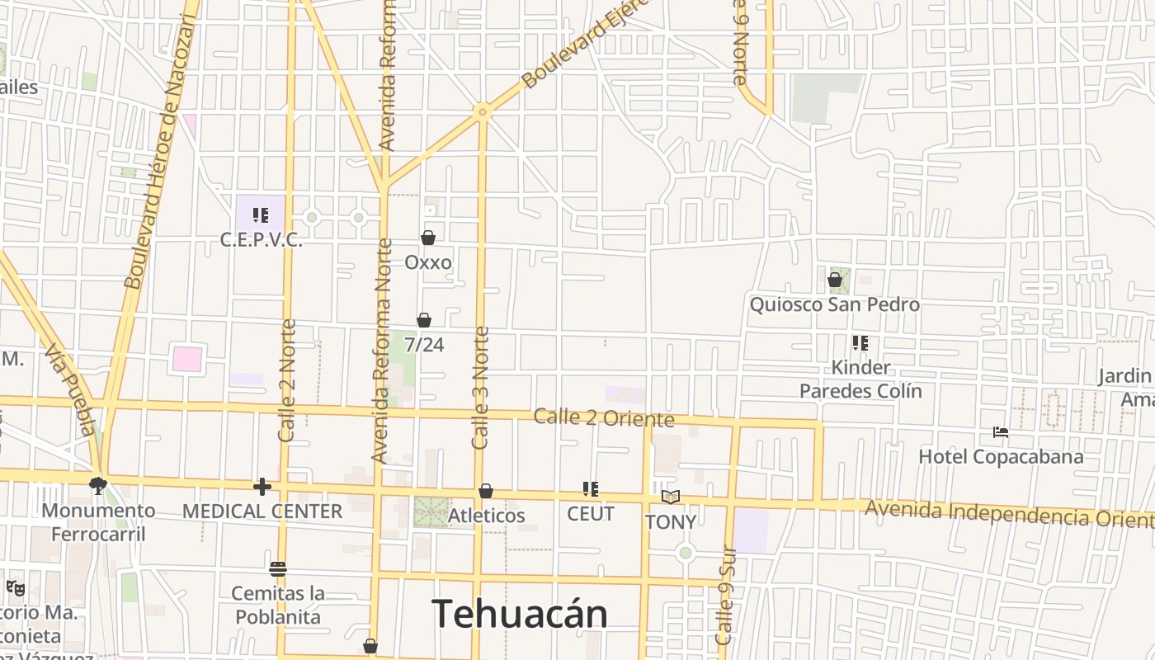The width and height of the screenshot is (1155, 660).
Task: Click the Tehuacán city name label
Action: [x=520, y=614]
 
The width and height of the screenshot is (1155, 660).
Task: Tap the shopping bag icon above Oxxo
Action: [x=428, y=238]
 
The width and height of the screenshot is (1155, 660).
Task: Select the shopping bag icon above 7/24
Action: [x=424, y=320]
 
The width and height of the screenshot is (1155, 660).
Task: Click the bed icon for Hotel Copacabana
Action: [x=1001, y=432]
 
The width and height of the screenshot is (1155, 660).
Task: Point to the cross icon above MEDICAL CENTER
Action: [x=262, y=487]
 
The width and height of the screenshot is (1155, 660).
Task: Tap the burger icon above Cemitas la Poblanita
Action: [x=278, y=569]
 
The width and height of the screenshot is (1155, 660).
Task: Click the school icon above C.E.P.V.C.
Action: [x=261, y=216]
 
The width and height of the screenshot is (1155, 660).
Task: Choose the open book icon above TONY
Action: [x=671, y=497]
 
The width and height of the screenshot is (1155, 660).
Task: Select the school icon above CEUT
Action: [x=591, y=489]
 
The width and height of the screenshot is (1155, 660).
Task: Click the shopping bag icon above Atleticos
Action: [x=486, y=492]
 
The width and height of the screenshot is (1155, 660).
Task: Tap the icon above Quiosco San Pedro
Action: [x=835, y=280]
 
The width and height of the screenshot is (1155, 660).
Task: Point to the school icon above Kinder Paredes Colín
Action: [x=860, y=343]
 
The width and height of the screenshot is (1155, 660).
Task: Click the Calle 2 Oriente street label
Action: [x=604, y=417]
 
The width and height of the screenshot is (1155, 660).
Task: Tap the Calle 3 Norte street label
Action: [x=481, y=388]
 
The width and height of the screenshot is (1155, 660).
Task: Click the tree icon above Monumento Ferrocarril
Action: [x=99, y=486]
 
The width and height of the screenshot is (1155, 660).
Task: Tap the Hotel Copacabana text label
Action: [x=1001, y=456]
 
